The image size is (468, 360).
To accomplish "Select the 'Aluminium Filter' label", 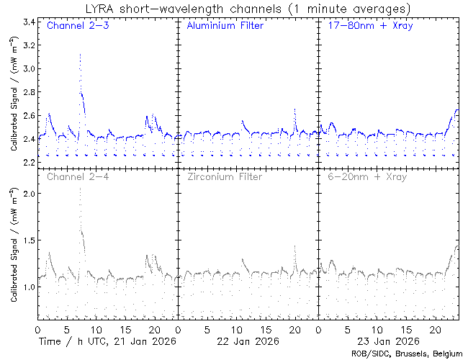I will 225,27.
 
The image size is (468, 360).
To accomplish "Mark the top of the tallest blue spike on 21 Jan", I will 80,54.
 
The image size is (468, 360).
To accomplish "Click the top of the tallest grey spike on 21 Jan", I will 80,189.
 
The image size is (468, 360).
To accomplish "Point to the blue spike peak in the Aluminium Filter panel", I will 295,109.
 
